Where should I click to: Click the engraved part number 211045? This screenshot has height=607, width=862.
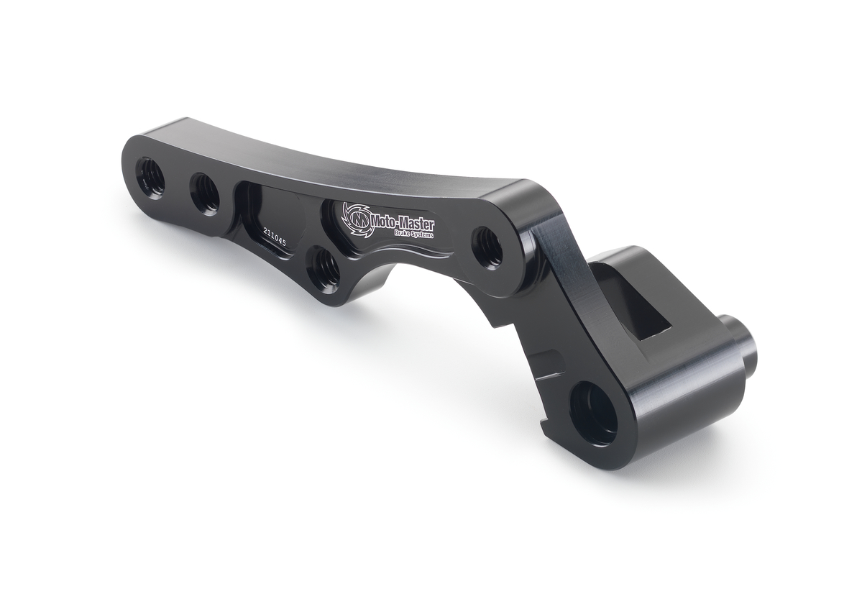click(x=275, y=237)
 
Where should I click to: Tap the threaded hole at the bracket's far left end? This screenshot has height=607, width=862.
click(x=152, y=177)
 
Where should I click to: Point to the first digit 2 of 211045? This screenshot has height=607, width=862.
click(x=265, y=232)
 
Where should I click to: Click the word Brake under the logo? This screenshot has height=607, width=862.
click(x=403, y=232)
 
